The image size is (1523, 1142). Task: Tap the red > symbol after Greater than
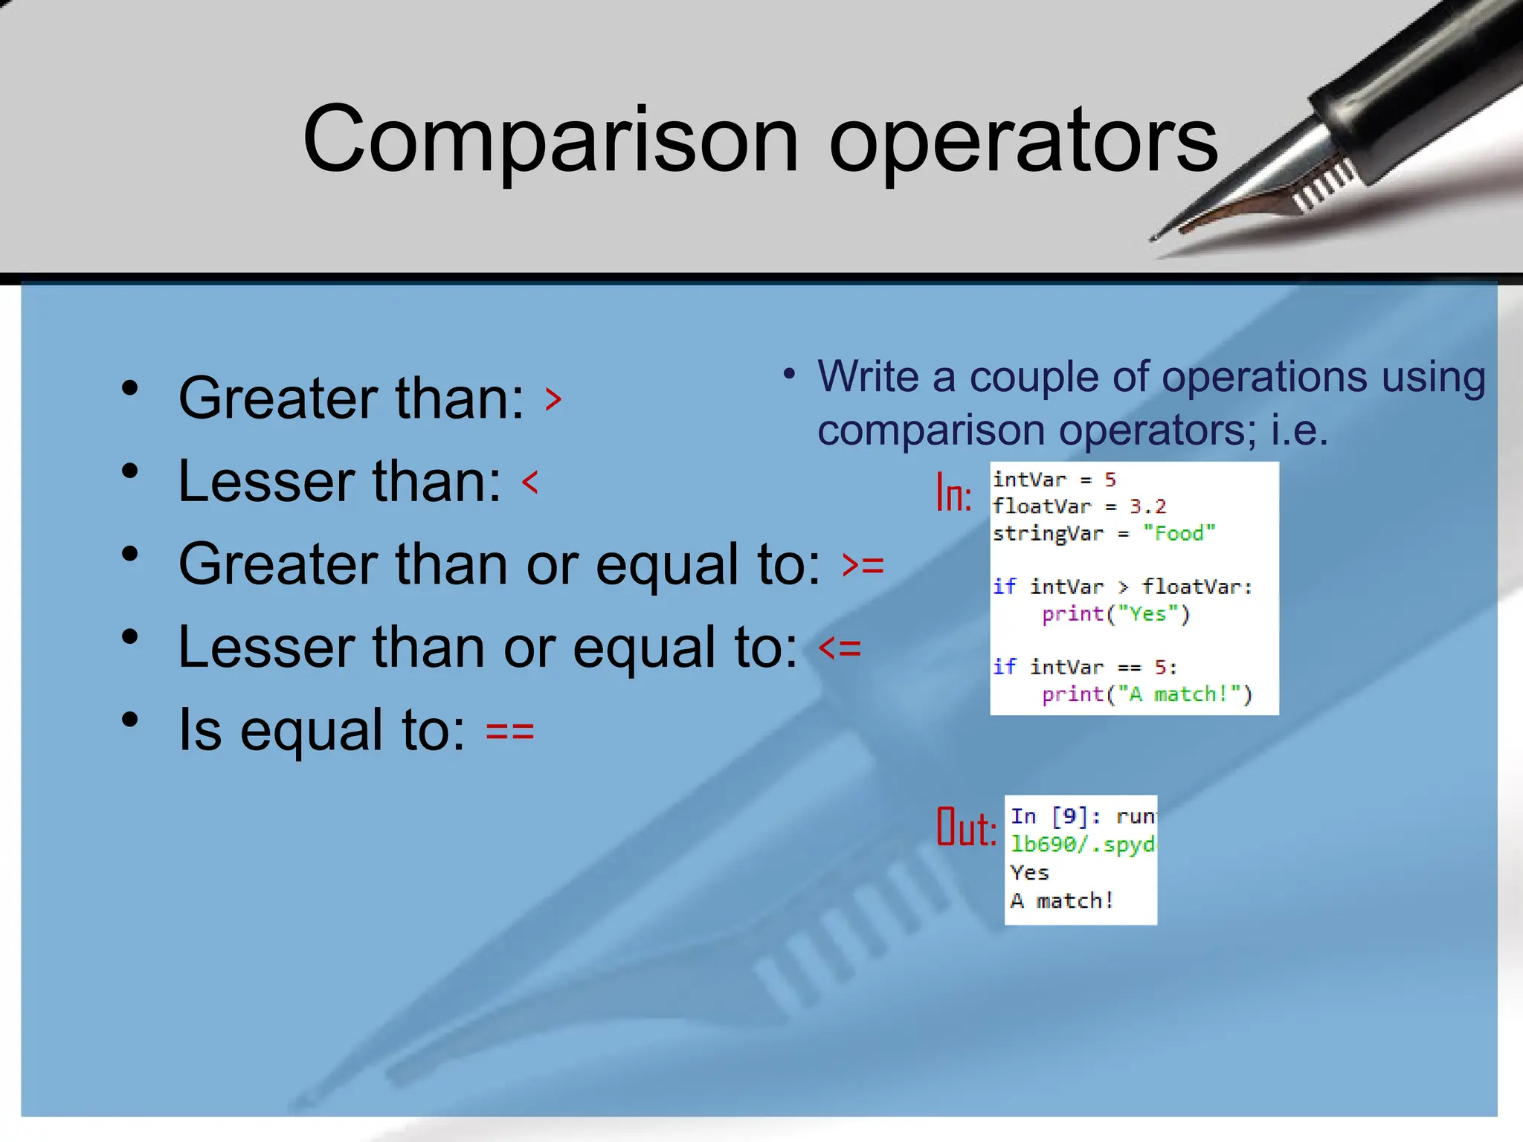pyautogui.click(x=553, y=399)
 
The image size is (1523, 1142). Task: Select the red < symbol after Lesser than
pyautogui.click(x=529, y=482)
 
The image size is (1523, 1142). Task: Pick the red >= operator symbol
pyautogui.click(x=863, y=565)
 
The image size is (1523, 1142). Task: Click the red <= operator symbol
pyautogui.click(x=840, y=648)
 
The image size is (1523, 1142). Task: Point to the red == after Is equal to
pyautogui.click(x=509, y=731)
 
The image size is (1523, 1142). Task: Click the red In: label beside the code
pyautogui.click(x=953, y=493)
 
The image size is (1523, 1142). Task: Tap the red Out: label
pyautogui.click(x=966, y=827)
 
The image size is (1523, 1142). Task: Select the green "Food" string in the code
pyautogui.click(x=1179, y=533)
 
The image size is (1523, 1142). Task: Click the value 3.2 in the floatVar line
pyautogui.click(x=1147, y=506)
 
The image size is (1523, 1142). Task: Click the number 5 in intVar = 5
pyautogui.click(x=1110, y=480)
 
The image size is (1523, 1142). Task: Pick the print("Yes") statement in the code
pyautogui.click(x=1115, y=614)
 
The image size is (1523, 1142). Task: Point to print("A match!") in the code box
pyautogui.click(x=1147, y=694)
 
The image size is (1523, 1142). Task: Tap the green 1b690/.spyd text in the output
pyautogui.click(x=1082, y=845)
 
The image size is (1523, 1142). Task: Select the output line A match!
pyautogui.click(x=1061, y=901)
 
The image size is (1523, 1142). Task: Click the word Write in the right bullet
pyautogui.click(x=868, y=376)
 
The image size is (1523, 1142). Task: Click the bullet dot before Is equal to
pyautogui.click(x=130, y=720)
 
